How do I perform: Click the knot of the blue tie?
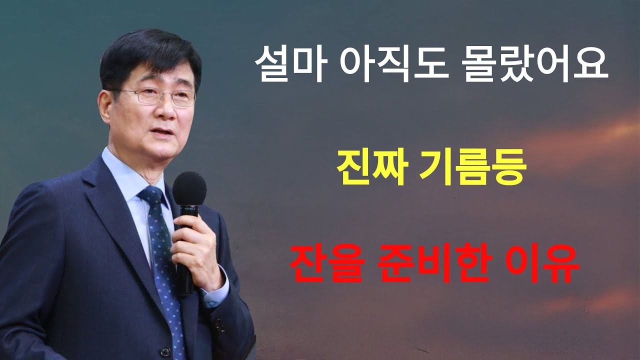coord(151,196)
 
